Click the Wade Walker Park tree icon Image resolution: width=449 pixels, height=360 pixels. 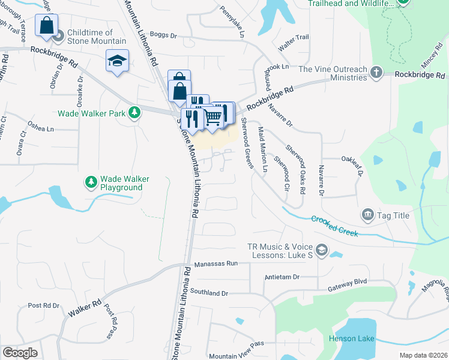click(x=135, y=113)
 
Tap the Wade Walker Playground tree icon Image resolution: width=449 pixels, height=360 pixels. click(x=91, y=181)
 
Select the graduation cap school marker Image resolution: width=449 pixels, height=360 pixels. click(x=118, y=61)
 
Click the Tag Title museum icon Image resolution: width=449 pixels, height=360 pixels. click(x=368, y=214)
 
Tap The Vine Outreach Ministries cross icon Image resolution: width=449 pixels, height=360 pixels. click(x=376, y=73)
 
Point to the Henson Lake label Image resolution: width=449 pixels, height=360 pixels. click(x=351, y=339)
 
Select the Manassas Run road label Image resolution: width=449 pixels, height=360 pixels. click(x=216, y=263)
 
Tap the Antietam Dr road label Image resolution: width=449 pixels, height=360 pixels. click(x=282, y=277)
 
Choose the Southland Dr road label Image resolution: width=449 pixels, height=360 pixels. click(x=209, y=293)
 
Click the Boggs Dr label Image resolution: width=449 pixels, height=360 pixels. click(x=163, y=36)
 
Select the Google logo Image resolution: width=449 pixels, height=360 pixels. click(x=20, y=353)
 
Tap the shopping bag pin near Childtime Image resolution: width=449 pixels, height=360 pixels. click(x=46, y=26)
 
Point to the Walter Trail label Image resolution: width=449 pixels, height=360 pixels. click(x=294, y=37)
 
